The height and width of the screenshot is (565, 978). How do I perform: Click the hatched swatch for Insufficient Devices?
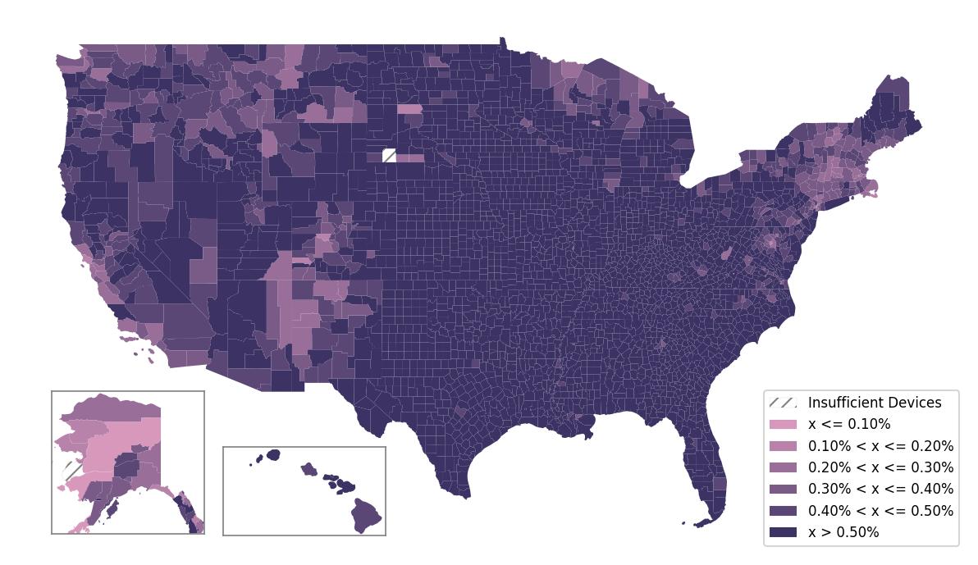pos(783,403)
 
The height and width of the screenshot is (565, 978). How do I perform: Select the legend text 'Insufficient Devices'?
pos(875,403)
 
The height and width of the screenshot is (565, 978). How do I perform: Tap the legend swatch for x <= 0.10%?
pos(783,425)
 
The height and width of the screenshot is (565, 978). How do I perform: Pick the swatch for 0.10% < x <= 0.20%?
pos(783,446)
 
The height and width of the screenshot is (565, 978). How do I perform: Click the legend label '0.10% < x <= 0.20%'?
pos(880,446)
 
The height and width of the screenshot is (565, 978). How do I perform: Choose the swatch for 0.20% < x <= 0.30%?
pos(783,467)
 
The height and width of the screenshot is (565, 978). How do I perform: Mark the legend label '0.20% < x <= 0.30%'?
pos(880,467)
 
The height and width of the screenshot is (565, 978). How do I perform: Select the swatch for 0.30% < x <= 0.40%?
pos(783,489)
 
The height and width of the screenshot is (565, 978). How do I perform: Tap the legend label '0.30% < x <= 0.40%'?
pos(880,489)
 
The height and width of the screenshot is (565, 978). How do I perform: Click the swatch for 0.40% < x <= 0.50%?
pos(783,511)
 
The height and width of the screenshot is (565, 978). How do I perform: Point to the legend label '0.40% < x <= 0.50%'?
pos(880,511)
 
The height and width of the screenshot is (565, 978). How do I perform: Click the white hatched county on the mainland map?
pos(389,156)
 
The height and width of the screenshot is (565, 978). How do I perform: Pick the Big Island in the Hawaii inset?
pos(367,515)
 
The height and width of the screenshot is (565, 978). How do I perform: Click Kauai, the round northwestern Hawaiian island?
pos(272,454)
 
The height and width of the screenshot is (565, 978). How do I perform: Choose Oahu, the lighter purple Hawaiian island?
pos(308,469)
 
